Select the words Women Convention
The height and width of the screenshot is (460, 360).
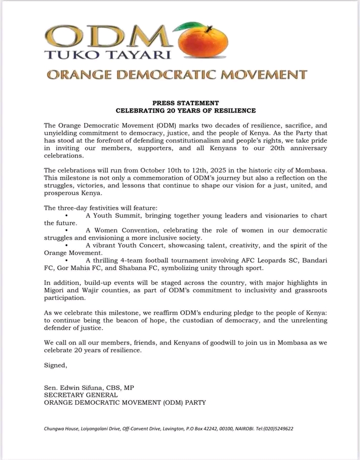tap(125, 231)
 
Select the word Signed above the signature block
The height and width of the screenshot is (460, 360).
tap(55, 365)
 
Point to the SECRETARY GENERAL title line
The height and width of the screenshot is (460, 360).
tap(81, 395)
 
